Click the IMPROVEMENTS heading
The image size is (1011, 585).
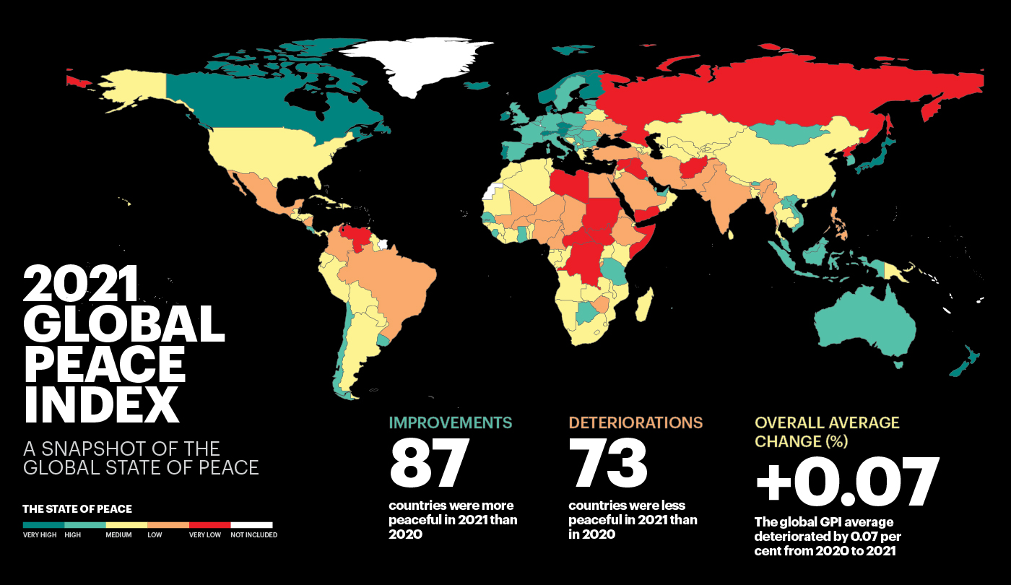[x=451, y=422]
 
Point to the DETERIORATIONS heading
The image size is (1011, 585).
[x=635, y=422]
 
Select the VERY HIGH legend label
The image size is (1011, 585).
[x=40, y=535]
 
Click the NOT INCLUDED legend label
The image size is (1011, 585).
[x=253, y=535]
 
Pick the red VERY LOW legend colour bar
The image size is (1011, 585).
[x=209, y=525]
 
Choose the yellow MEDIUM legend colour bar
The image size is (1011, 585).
[x=126, y=525]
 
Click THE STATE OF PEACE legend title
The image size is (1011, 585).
[x=77, y=509]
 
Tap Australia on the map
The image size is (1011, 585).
[x=867, y=325]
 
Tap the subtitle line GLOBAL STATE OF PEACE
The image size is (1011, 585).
[x=141, y=467]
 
